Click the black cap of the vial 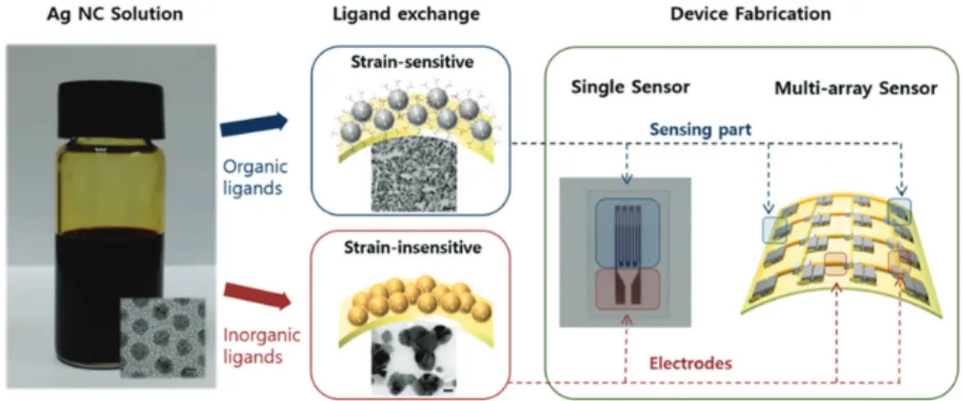coord(111,111)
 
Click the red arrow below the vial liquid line coord(257,295)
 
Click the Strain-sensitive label coord(410,63)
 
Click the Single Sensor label coord(625,88)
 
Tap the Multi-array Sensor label coord(856,88)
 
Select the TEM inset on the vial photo coord(162,337)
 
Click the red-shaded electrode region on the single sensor coord(627,289)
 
